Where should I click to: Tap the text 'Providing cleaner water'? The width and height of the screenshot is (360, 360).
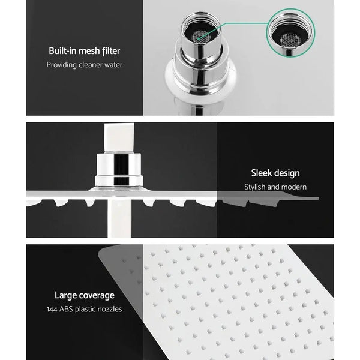click(84, 64)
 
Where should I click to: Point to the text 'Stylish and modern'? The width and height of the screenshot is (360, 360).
click(275, 187)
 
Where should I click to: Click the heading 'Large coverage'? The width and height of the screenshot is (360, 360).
click(84, 295)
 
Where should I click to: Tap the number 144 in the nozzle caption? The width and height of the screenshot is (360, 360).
click(53, 309)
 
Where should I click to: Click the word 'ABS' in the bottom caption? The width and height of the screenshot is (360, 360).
click(69, 309)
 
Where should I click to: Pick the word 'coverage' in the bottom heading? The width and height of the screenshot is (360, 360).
click(97, 295)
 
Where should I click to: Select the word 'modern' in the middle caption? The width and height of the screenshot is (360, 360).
click(292, 187)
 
